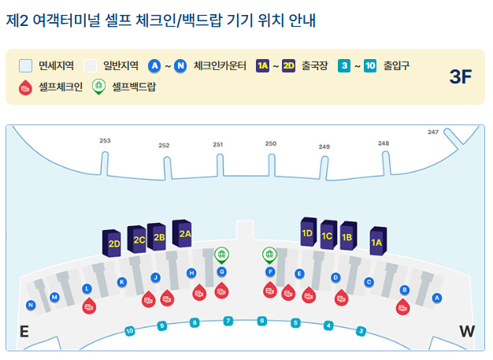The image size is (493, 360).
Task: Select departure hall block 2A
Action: pos(183,233)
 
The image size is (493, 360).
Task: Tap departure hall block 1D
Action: pos(307,233)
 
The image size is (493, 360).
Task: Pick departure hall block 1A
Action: pos(376,242)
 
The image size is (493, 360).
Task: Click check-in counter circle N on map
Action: pos(31,305)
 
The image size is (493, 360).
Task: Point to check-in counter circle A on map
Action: pos(437,298)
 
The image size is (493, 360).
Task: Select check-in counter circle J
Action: pos(156,277)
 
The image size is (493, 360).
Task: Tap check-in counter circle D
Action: pos(335,277)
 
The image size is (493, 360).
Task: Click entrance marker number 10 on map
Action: pos(130,332)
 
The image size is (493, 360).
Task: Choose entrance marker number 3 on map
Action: pos(361,331)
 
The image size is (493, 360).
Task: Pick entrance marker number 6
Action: pos(262,321)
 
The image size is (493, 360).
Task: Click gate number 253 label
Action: pos(105,141)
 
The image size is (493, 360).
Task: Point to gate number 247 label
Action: pos(432,132)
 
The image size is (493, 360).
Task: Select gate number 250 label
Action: pos(271,144)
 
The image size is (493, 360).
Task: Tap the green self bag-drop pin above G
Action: pos(222,254)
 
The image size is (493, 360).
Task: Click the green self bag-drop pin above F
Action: pos(269,254)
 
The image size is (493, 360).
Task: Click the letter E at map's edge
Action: pos(24,332)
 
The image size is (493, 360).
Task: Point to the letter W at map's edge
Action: pos(467,332)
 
